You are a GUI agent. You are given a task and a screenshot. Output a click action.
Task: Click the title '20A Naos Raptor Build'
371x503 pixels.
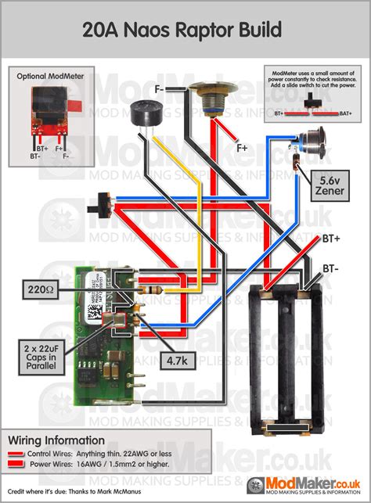[x=185, y=31]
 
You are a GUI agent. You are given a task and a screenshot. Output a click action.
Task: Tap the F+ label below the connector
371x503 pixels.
[x=243, y=146]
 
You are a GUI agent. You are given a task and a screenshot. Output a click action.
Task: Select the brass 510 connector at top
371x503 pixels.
[x=211, y=103]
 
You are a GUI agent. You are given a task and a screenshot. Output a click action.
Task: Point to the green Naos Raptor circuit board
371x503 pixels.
[x=99, y=329]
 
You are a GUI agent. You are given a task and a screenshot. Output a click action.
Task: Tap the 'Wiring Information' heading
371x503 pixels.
[x=55, y=440]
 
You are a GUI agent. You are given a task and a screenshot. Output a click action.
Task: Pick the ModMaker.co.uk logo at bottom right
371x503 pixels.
[x=313, y=487]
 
